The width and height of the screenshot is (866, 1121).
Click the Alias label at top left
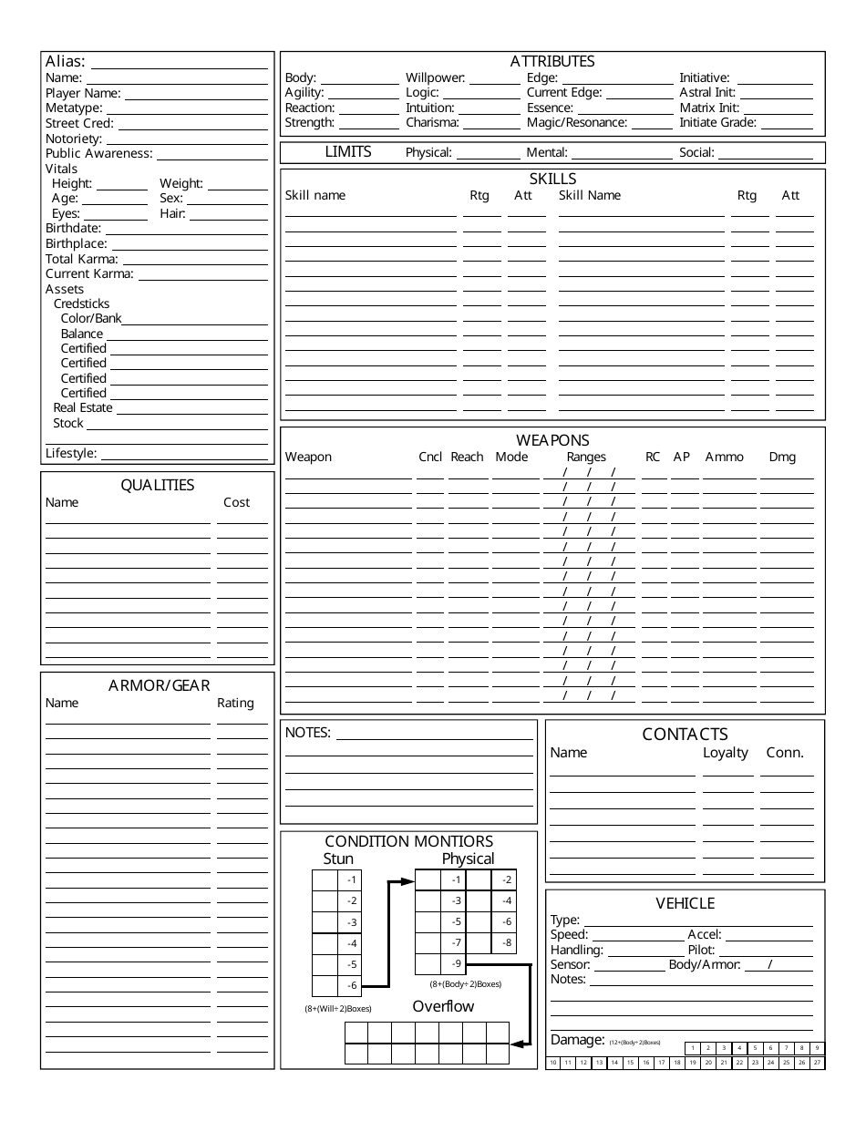(x=66, y=62)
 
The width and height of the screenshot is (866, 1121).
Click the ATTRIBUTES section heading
(x=552, y=61)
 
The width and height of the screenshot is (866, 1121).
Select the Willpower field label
(x=435, y=78)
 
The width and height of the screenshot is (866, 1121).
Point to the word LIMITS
(x=348, y=152)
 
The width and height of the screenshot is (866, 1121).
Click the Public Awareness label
(x=98, y=154)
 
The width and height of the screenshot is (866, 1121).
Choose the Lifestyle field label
(x=71, y=453)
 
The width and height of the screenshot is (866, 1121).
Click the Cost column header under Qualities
(x=236, y=502)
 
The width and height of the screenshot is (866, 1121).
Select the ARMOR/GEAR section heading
(x=159, y=685)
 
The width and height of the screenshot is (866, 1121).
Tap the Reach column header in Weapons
(x=467, y=457)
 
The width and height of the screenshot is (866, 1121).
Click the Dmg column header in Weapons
(x=782, y=457)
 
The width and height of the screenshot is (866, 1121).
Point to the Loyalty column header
(x=726, y=753)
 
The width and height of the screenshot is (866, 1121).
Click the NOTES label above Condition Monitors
(x=308, y=732)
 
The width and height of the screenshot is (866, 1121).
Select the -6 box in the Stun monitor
(x=352, y=985)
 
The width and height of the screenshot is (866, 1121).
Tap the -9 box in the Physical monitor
(x=456, y=963)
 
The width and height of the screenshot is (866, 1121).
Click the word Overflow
(x=443, y=1006)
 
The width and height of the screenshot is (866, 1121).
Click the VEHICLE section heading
(x=686, y=903)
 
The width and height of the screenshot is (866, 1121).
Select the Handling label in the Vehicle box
(x=576, y=950)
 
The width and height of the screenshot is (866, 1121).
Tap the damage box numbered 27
(x=818, y=1063)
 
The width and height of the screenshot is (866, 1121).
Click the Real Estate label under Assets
(x=82, y=408)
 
